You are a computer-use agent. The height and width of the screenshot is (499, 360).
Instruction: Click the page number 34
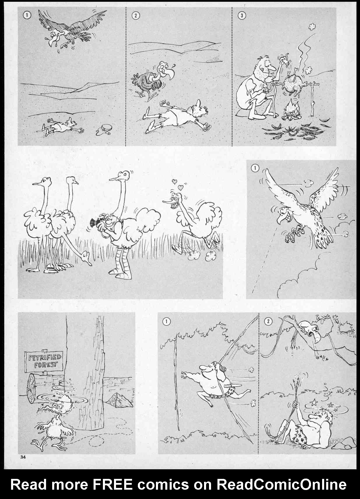click(x=23, y=457)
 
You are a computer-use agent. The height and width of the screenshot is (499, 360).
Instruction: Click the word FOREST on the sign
click(x=46, y=365)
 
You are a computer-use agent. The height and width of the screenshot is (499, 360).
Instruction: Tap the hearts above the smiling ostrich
click(x=178, y=184)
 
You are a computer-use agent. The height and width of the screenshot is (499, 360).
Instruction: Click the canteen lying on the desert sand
click(x=105, y=129)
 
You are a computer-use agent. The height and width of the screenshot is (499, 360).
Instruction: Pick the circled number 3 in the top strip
click(x=242, y=15)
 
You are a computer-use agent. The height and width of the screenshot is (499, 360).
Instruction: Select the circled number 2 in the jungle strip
click(x=268, y=321)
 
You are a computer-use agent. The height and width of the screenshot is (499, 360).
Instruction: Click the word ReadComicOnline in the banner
click(x=281, y=484)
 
